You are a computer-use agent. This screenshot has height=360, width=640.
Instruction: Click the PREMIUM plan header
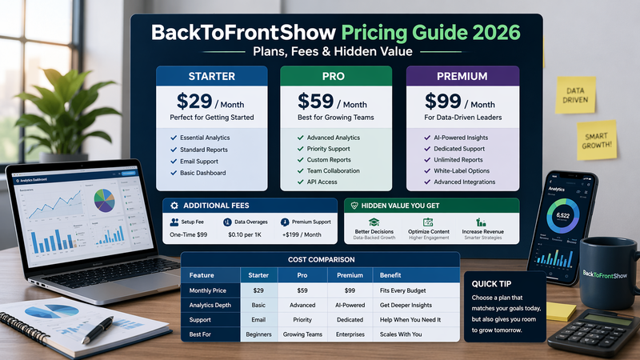click(462, 77)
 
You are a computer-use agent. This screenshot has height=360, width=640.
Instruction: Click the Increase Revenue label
click(482, 231)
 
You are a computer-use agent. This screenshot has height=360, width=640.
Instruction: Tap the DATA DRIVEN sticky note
click(575, 96)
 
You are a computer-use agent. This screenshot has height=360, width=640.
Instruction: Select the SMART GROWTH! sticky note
click(597, 139)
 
